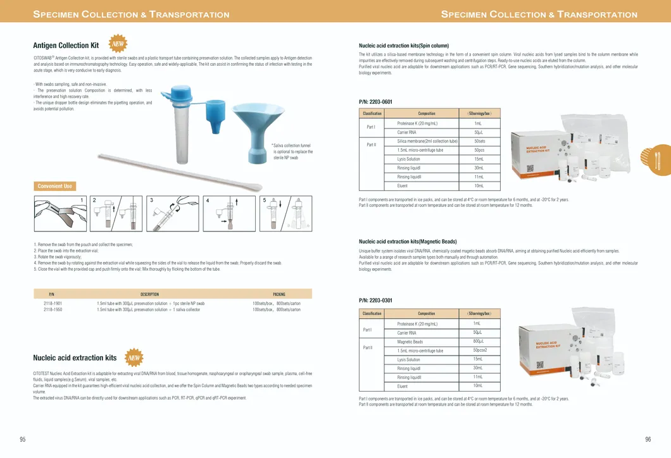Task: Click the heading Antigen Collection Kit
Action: click(x=66, y=46)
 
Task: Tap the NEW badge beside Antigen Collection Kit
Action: click(x=118, y=44)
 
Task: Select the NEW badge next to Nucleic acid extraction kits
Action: click(x=134, y=357)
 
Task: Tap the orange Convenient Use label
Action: click(x=54, y=186)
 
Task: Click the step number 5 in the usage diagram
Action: click(x=265, y=201)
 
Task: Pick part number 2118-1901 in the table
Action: click(x=53, y=304)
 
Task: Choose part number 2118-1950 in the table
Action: click(x=53, y=310)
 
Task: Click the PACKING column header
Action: click(x=279, y=294)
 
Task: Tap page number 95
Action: click(x=23, y=440)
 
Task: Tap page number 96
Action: click(x=648, y=440)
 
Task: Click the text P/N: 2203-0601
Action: click(x=375, y=102)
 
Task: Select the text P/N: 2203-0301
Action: click(x=375, y=300)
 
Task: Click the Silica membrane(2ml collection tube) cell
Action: click(x=427, y=141)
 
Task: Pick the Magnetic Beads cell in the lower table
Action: click(x=410, y=342)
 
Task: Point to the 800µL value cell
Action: click(x=478, y=342)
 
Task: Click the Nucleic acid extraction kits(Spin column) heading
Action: click(x=403, y=46)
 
